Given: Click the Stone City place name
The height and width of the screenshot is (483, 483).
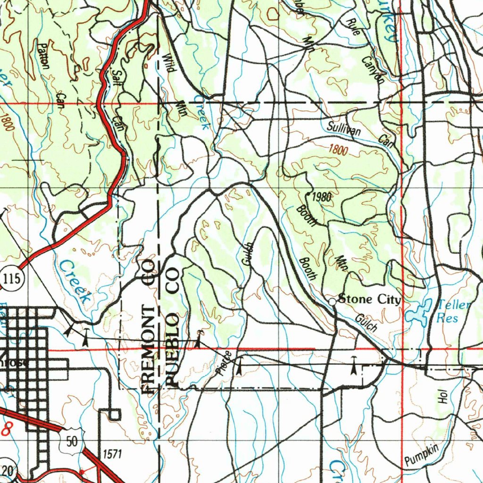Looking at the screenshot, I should (x=370, y=300).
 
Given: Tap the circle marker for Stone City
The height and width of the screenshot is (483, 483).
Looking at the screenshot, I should (x=333, y=301).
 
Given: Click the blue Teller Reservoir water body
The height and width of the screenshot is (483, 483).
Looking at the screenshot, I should (x=418, y=312).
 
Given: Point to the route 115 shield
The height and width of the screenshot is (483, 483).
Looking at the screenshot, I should (x=11, y=279).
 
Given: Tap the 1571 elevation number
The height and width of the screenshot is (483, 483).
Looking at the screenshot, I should (x=112, y=454).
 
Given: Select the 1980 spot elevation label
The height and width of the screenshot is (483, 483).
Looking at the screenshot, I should (x=322, y=197).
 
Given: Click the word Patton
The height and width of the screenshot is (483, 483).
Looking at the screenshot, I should (x=43, y=55).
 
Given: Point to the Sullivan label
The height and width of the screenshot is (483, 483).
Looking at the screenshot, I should (x=344, y=127).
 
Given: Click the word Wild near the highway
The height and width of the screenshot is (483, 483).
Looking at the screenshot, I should (x=168, y=62).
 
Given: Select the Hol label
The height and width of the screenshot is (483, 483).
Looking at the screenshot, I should (x=442, y=397).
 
